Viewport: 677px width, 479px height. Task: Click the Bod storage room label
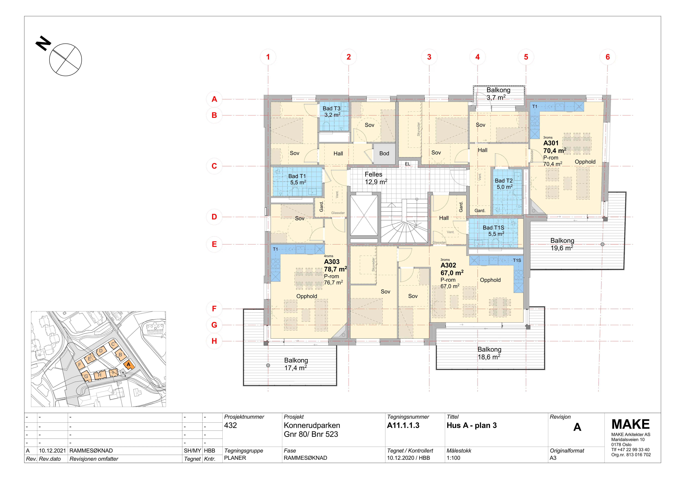tap(384, 153)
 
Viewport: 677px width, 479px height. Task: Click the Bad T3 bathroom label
tap(332, 112)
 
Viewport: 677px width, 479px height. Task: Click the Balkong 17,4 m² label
tap(296, 364)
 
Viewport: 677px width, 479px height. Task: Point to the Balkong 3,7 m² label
tap(498, 94)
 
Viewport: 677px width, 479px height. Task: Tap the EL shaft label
tap(407, 164)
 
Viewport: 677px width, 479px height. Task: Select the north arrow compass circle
tap(66, 60)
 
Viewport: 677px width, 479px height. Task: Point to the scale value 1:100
tap(453, 458)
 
